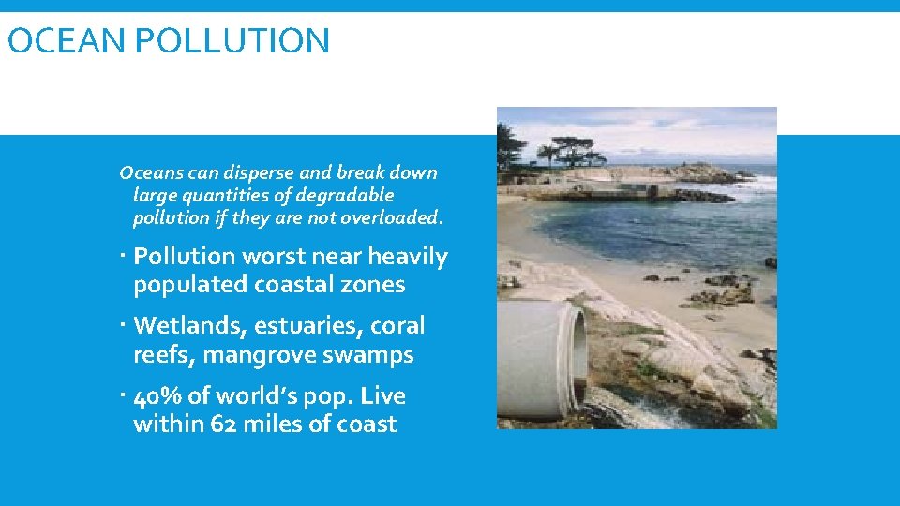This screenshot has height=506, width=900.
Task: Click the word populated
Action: pos(190,285)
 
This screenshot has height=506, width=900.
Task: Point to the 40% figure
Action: pos(157,396)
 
